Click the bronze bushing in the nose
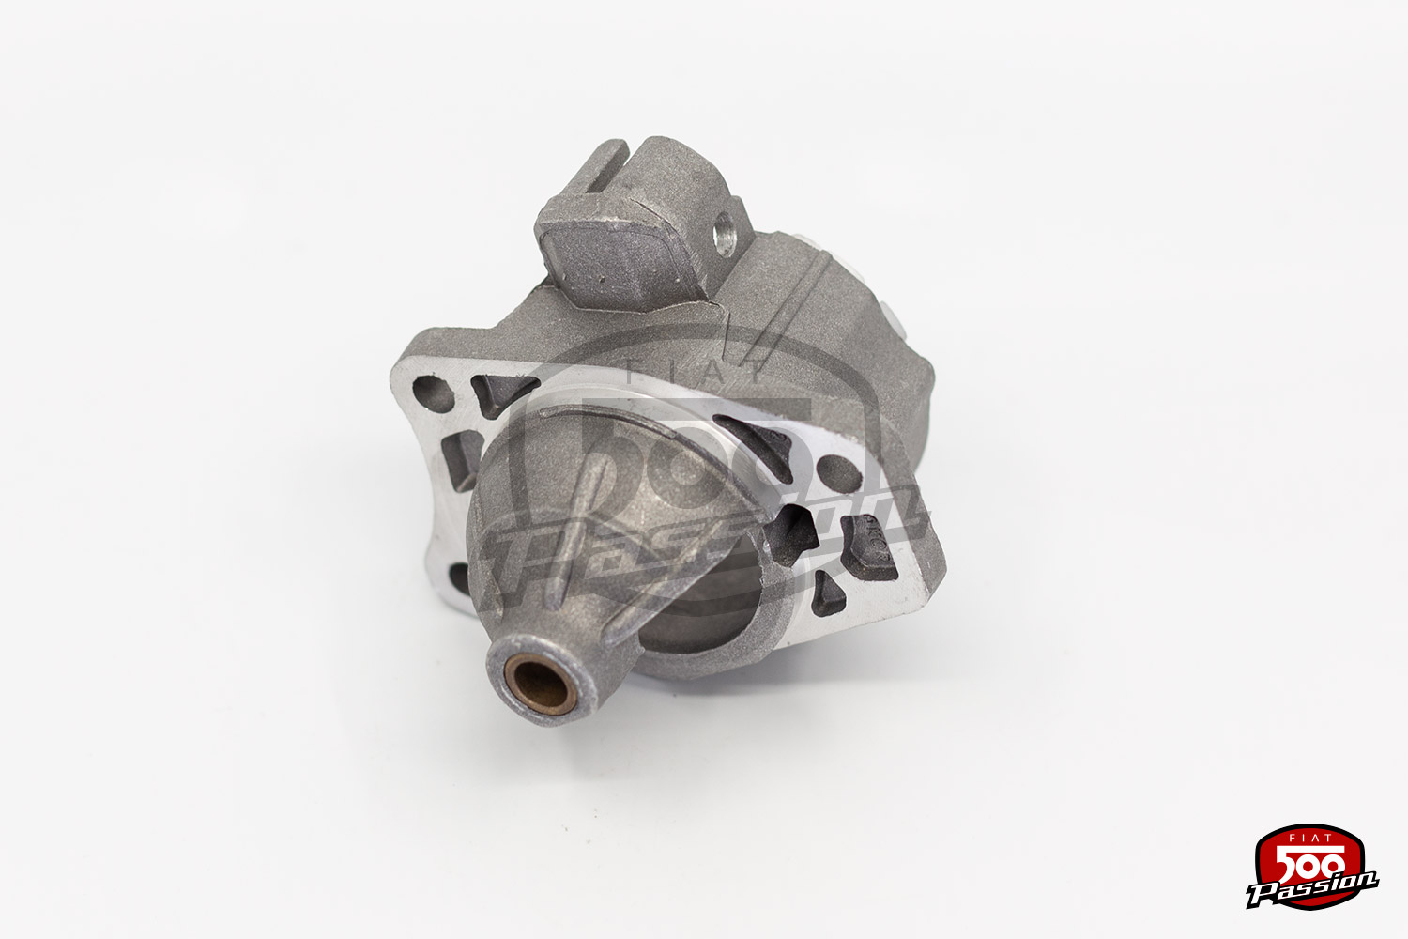click(x=540, y=685)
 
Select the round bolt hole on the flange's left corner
click(x=433, y=393)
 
